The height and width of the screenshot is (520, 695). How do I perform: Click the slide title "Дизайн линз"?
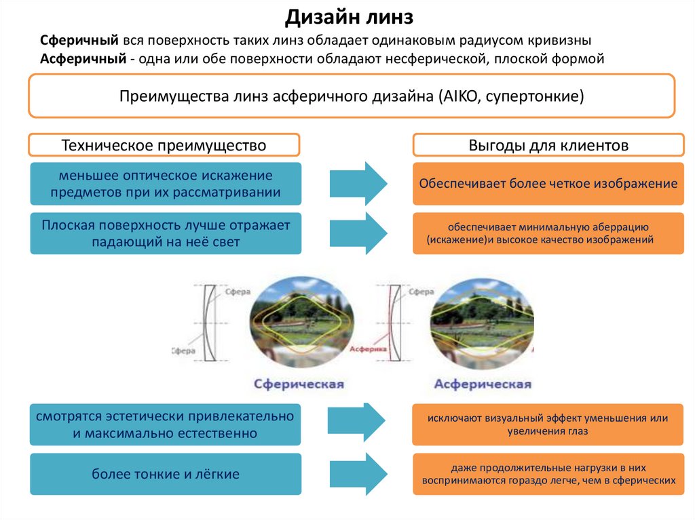(x=348, y=16)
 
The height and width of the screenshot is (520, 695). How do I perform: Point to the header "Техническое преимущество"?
(x=164, y=145)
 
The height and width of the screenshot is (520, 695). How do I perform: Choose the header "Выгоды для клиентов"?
(x=548, y=145)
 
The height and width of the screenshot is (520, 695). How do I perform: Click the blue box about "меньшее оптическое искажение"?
(x=166, y=184)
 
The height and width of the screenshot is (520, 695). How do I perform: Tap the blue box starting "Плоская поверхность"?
(x=166, y=233)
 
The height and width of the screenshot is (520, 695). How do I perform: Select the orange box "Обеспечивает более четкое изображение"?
(x=548, y=184)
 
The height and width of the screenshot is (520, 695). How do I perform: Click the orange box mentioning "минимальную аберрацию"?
(x=548, y=233)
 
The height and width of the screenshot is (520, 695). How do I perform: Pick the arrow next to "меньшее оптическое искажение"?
(x=358, y=183)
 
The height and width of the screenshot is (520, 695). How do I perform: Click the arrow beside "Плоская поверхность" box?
(x=358, y=233)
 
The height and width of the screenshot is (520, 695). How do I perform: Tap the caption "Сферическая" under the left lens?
(x=299, y=384)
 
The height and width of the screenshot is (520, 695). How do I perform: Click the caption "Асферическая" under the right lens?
(x=483, y=384)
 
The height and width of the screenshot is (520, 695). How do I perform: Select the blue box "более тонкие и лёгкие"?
(x=166, y=474)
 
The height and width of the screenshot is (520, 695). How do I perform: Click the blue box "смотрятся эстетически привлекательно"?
(x=166, y=424)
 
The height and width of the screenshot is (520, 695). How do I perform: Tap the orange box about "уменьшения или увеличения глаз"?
(x=548, y=424)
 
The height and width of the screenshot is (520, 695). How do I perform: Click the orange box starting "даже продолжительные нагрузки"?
(x=548, y=474)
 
